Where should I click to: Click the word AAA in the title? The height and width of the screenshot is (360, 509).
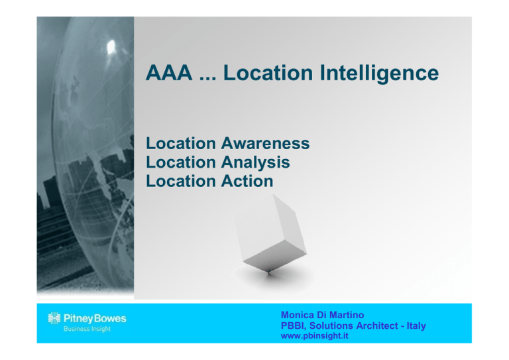click(169, 73)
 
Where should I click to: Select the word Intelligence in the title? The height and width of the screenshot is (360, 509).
click(379, 74)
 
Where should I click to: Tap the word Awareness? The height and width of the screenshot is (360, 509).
click(265, 143)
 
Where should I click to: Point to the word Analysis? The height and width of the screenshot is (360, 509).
click(255, 162)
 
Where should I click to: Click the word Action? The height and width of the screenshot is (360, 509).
click(247, 181)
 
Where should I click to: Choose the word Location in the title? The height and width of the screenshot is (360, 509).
click(268, 73)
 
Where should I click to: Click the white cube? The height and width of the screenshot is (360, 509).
click(270, 233)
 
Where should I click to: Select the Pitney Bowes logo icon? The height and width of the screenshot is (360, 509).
click(54, 318)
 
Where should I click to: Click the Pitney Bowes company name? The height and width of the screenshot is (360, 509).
click(95, 318)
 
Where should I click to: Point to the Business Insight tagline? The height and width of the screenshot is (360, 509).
click(87, 329)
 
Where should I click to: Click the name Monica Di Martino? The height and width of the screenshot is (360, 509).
click(322, 315)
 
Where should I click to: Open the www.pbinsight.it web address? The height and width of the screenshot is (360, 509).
click(315, 335)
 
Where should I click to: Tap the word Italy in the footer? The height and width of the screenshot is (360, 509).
click(416, 326)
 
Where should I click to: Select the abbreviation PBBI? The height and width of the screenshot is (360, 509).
click(294, 326)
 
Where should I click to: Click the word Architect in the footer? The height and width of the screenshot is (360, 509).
click(377, 326)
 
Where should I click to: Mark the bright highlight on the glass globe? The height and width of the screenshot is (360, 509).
click(111, 46)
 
